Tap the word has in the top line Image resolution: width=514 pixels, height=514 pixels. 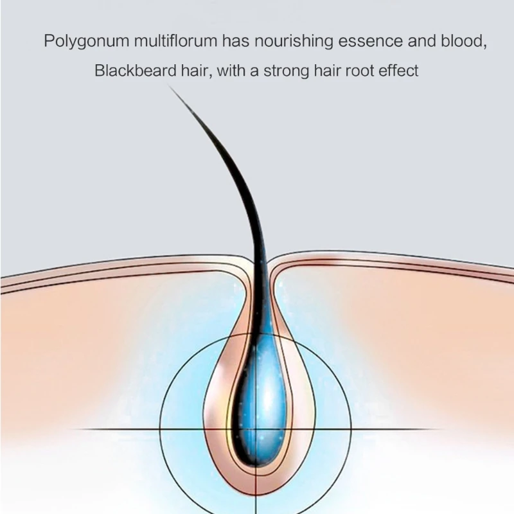235,42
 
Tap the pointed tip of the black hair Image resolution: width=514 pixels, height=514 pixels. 170,87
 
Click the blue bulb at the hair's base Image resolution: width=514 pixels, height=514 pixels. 257,411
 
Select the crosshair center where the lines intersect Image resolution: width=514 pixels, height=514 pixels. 257,429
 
